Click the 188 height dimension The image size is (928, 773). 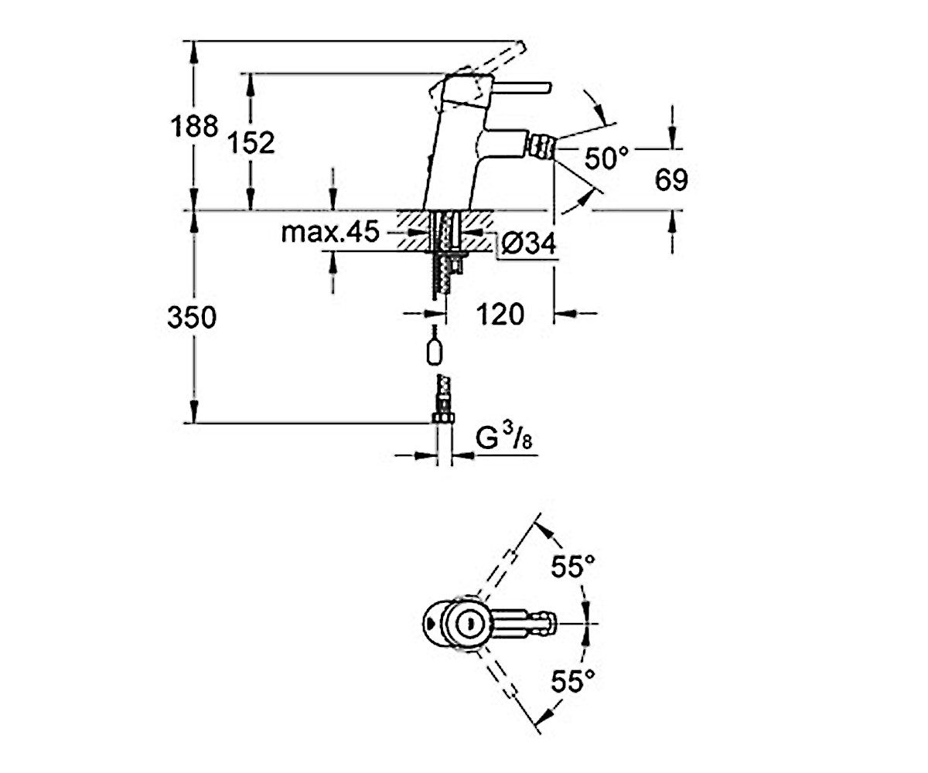194,126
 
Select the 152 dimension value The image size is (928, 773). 251,142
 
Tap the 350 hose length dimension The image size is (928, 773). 192,317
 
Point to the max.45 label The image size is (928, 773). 330,232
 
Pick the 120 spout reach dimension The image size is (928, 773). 500,314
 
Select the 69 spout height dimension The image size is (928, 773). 671,179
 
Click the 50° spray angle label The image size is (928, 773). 606,158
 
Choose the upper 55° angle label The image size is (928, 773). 573,567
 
